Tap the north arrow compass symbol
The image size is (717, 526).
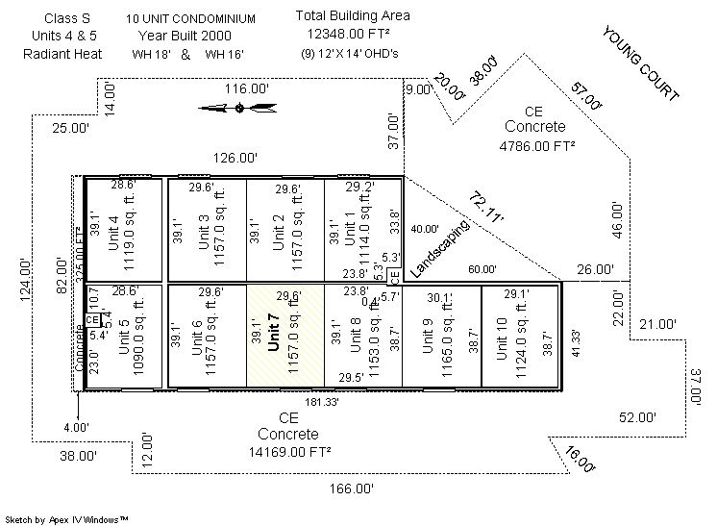[x=239, y=108]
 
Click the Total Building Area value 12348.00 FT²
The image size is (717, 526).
[x=354, y=34]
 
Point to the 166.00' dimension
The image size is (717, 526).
[x=351, y=488]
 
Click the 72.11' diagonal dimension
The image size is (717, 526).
[x=486, y=207]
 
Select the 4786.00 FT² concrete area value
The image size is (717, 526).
[x=537, y=146]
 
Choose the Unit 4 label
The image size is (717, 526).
[x=113, y=232]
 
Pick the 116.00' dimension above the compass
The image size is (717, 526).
[x=247, y=88]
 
